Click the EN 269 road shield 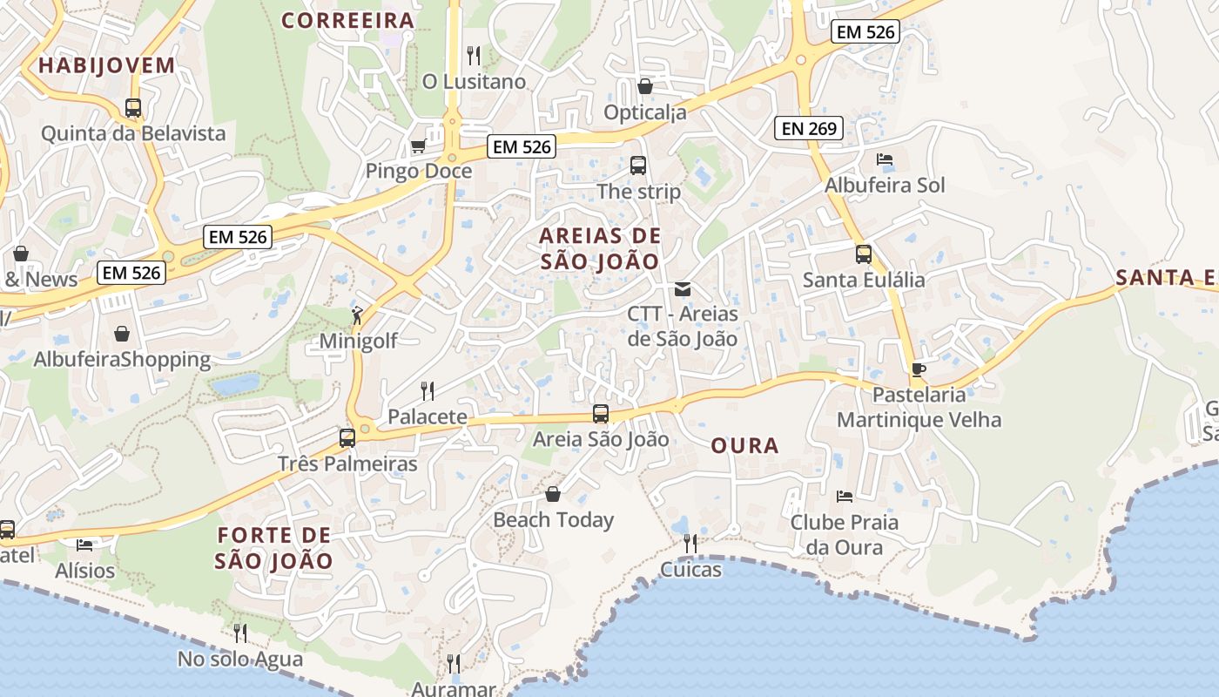tap(809, 129)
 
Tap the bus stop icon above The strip tap(638, 165)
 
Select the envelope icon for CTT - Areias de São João tap(683, 288)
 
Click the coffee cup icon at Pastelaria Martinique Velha tap(918, 369)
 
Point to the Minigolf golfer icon tap(357, 315)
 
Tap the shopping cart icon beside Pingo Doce tap(418, 145)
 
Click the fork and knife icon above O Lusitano tap(474, 56)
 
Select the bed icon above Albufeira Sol tap(885, 159)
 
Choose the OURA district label tap(744, 446)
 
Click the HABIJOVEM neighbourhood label tap(107, 65)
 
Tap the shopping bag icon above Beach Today tap(553, 494)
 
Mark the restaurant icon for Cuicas tap(690, 544)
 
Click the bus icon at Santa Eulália tap(864, 254)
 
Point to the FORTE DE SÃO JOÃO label tap(274, 548)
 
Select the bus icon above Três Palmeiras tap(347, 438)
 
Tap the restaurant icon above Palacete tap(428, 391)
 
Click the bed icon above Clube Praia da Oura tap(844, 497)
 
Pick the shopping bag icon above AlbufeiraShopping tap(122, 334)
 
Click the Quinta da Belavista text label tap(133, 133)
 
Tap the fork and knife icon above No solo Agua tap(240, 633)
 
